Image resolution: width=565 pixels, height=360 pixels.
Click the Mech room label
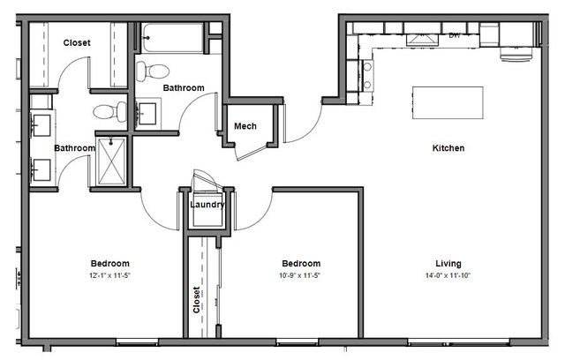tap(245, 126)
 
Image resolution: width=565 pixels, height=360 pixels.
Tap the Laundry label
tap(207, 205)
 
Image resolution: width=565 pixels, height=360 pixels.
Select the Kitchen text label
tap(448, 148)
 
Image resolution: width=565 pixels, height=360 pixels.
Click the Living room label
tap(448, 264)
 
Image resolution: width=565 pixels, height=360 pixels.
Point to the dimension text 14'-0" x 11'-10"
tap(448, 276)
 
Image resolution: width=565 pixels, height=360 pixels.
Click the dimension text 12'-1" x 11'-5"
tap(109, 276)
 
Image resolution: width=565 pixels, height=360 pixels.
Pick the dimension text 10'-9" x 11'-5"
tap(300, 276)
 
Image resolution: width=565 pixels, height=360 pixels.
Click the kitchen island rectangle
tap(448, 102)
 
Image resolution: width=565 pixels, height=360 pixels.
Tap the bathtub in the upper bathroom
tap(173, 38)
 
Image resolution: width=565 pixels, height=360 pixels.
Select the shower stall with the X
tap(111, 161)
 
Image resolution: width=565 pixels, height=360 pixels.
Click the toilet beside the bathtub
tap(153, 71)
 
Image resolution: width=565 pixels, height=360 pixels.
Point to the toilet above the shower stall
tap(109, 111)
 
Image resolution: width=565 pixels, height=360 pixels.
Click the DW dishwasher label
tap(455, 35)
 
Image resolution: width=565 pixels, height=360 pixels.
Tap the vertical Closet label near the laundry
tap(196, 300)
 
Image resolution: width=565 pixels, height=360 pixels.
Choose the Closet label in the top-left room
tap(77, 43)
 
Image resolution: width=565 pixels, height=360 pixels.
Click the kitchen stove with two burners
tap(367, 75)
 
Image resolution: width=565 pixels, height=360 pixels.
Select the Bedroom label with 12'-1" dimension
tap(109, 264)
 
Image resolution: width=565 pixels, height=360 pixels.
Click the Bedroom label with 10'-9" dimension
tap(301, 264)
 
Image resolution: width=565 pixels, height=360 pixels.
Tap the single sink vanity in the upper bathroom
tap(147, 114)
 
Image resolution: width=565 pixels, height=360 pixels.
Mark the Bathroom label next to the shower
tap(74, 148)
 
